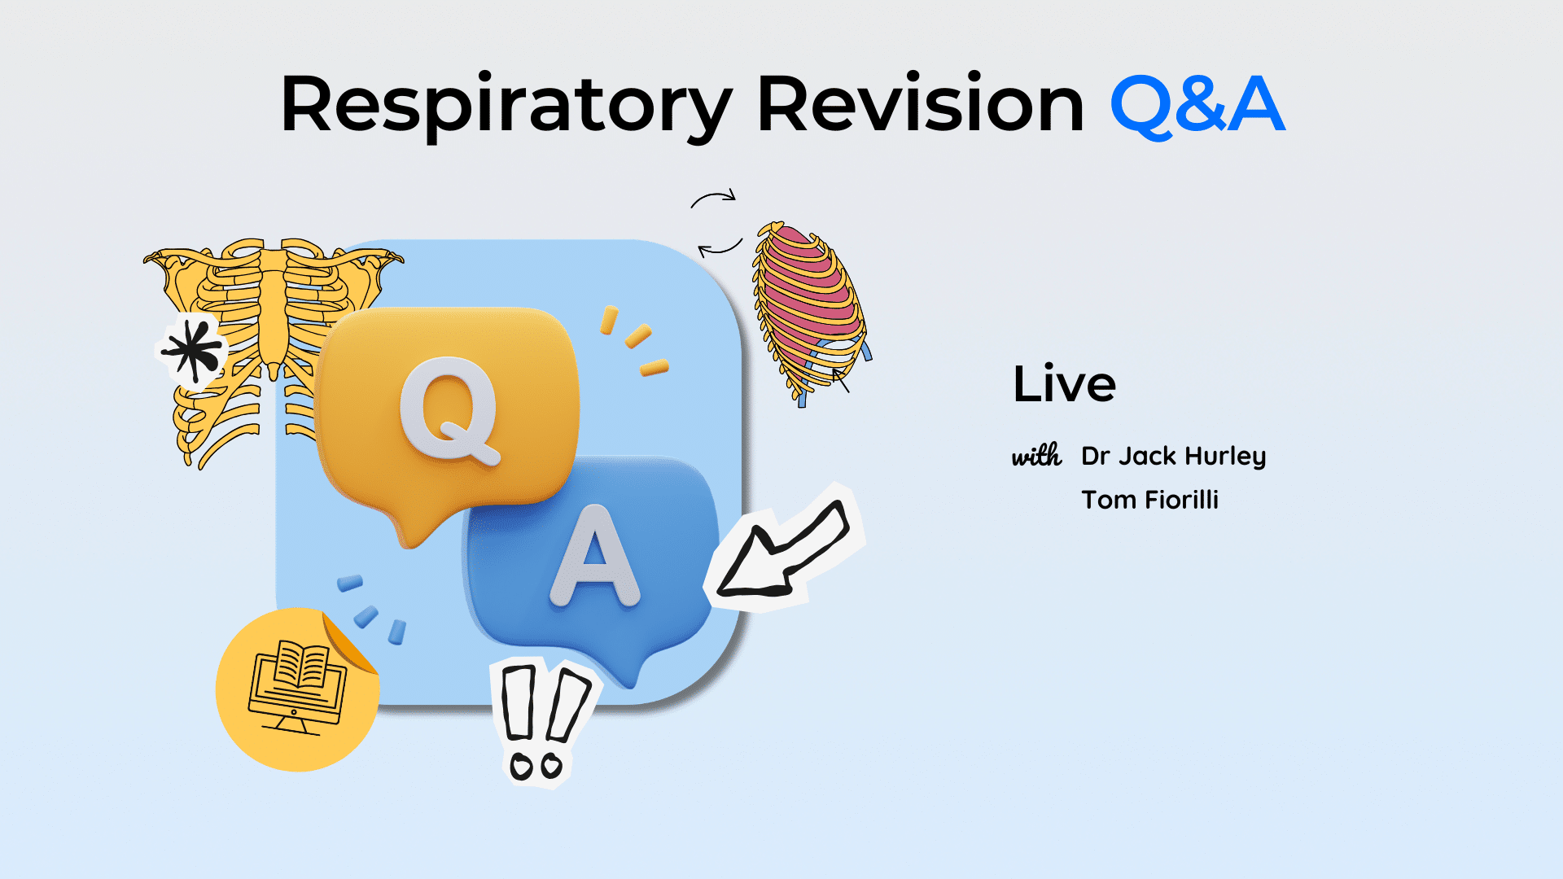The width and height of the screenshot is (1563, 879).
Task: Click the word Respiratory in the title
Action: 506,106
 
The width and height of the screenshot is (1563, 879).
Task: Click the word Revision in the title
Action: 921,104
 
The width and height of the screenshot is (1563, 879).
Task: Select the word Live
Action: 1064,384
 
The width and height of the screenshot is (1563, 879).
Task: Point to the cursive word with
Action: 1037,455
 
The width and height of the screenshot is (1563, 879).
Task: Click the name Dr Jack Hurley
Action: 1173,457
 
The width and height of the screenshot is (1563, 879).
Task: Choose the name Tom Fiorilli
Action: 1149,499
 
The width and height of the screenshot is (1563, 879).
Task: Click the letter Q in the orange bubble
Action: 449,411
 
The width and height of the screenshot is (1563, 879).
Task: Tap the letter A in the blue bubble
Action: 595,557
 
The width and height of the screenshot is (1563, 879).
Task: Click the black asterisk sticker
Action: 192,351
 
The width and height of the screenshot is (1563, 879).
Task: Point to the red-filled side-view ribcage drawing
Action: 810,313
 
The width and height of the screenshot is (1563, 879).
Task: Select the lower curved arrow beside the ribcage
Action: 720,248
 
